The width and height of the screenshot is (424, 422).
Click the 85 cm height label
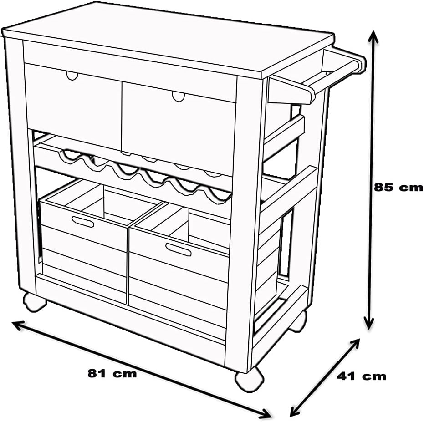(398, 187)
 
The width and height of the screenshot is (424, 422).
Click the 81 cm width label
(112, 373)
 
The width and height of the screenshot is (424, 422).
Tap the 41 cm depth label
(362, 376)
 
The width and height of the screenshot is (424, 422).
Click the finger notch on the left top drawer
(72, 76)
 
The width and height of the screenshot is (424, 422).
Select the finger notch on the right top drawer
(178, 97)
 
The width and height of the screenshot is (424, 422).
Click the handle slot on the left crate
(83, 222)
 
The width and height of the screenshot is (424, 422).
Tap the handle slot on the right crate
(179, 249)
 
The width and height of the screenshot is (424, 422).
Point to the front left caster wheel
(35, 302)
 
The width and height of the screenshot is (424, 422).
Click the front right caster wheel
(249, 379)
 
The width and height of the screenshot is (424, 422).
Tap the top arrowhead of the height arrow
(373, 36)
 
